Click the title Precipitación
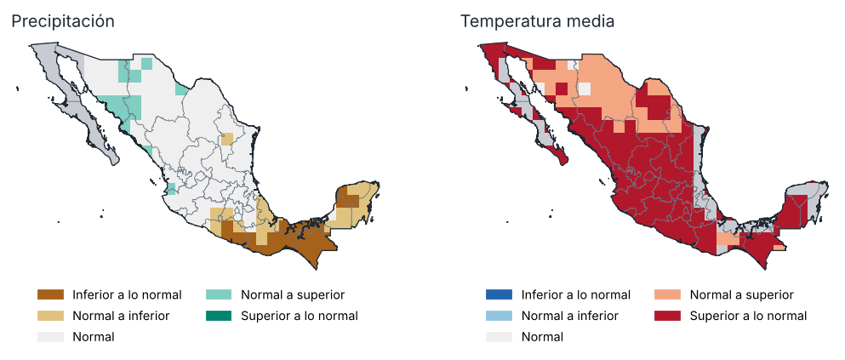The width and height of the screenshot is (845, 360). [x=63, y=21]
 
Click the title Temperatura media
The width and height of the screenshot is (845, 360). [x=537, y=21]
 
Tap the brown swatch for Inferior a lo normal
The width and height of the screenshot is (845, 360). [x=51, y=294]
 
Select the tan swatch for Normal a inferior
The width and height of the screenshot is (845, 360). [x=51, y=316]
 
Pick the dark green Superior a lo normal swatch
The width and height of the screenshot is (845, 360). [x=218, y=316]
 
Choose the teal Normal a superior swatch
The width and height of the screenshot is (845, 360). [x=218, y=294]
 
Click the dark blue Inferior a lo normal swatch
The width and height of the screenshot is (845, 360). [x=499, y=294]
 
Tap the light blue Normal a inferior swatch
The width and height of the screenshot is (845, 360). [x=499, y=316]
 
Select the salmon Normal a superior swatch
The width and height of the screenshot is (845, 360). [x=668, y=294]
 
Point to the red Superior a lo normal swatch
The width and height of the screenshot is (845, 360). [x=668, y=316]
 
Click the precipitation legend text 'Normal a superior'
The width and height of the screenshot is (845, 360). [x=293, y=294]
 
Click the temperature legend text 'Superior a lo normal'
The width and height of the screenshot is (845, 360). [x=749, y=316]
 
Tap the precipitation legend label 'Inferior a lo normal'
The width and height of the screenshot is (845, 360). [x=127, y=294]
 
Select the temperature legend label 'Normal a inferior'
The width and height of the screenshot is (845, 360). [x=570, y=316]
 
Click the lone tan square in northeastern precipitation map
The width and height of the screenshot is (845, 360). [x=227, y=139]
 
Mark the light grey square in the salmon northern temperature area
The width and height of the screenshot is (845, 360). [x=585, y=89]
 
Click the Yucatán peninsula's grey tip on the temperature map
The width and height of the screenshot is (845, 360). [x=808, y=197]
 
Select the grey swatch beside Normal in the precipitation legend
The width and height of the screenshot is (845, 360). [x=51, y=337]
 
